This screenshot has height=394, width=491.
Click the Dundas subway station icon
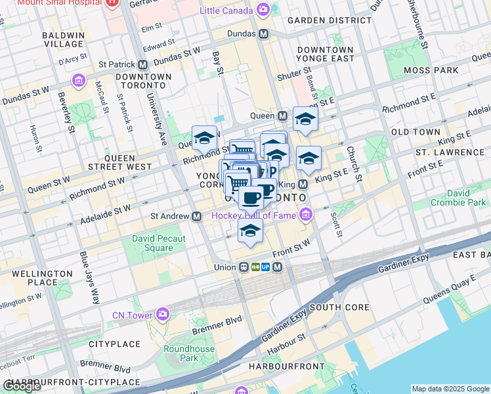[x=263, y=33]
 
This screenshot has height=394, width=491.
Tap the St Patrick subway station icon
[x=142, y=65]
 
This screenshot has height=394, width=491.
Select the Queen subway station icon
[x=283, y=116]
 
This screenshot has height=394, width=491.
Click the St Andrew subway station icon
[x=196, y=216]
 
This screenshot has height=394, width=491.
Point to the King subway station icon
[x=303, y=185]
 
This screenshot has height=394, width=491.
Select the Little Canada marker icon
[x=263, y=10]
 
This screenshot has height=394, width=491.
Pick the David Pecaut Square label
[x=158, y=243]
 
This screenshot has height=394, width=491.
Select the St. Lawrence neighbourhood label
[x=450, y=152]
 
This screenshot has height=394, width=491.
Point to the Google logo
[x=22, y=386]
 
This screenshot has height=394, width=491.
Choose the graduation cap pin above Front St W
[x=250, y=231]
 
